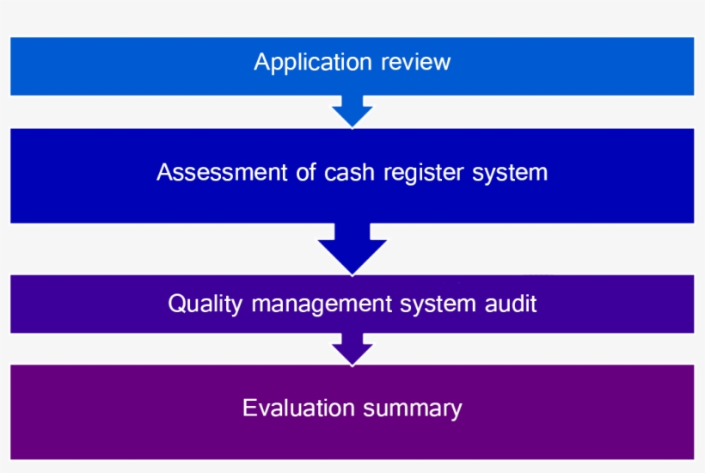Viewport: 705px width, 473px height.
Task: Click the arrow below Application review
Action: (352, 110)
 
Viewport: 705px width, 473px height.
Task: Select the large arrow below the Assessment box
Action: (352, 248)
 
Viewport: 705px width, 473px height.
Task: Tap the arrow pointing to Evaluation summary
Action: (352, 348)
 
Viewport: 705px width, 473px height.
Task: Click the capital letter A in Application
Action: (261, 63)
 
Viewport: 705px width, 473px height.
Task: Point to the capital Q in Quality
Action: (176, 304)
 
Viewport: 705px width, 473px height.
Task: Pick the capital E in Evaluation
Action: (249, 407)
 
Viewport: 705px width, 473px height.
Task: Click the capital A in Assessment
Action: (164, 172)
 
